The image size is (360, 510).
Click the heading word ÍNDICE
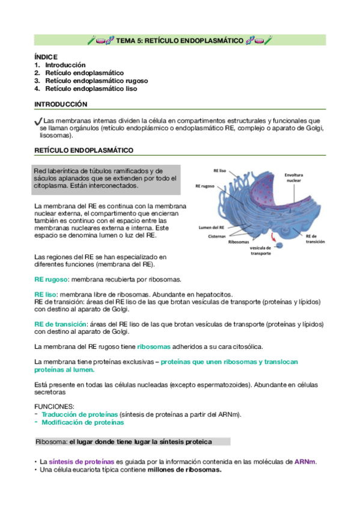pos(46,57)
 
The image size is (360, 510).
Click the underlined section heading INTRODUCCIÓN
pos(61,104)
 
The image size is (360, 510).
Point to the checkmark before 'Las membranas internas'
pos(38,121)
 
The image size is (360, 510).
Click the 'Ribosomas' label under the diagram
pos(239,242)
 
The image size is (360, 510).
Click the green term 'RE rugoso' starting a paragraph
pos(51,280)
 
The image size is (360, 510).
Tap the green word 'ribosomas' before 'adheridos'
pos(154,346)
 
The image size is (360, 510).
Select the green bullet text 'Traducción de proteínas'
pos(79,414)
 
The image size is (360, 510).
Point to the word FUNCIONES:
pos(55,407)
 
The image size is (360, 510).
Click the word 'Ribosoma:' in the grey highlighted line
pos(51,442)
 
